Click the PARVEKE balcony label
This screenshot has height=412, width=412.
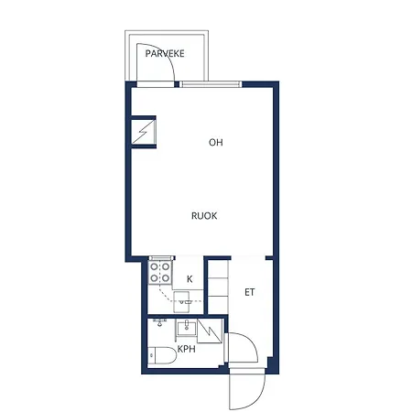pos(165,54)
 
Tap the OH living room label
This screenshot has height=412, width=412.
pos(216,142)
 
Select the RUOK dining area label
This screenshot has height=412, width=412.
pos(204,216)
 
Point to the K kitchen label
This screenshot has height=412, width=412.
pos(190,279)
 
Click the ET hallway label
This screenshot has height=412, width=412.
pos(249,292)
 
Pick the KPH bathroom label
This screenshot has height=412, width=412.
pos(186,349)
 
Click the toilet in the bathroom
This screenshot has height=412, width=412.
pos(162,355)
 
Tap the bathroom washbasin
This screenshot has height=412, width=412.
pos(186,327)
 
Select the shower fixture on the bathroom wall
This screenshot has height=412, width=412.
pos(159,322)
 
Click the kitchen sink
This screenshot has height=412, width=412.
pos(181,302)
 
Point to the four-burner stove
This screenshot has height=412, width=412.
pos(160,273)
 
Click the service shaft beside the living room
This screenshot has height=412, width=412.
pos(144,132)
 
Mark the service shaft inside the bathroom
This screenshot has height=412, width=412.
pos(210,331)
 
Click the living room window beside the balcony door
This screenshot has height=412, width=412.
pos(211,84)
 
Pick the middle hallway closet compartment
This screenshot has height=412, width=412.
pos(218,287)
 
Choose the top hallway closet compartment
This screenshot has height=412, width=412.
pos(218,269)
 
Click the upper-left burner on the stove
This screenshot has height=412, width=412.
pos(154,267)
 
